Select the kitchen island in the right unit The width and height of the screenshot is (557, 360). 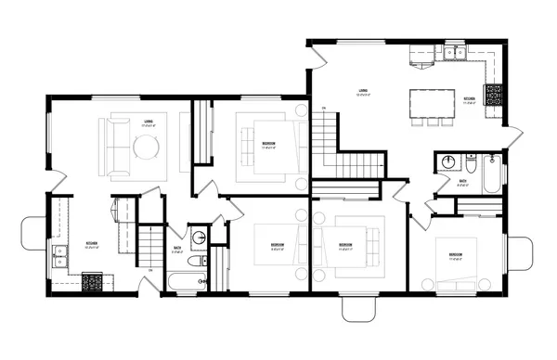point(433,101)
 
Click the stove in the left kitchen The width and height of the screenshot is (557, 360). point(93,278)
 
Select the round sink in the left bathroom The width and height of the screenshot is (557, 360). point(199,239)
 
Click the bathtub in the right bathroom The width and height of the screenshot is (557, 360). point(491,173)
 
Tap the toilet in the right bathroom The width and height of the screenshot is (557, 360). point(470,168)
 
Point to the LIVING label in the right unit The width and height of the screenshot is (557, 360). point(365,90)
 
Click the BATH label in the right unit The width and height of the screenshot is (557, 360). point(462,182)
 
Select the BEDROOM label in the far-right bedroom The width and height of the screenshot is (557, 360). point(456,254)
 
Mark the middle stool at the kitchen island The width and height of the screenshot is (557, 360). point(432,121)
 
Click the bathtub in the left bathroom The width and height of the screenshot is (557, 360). point(187,282)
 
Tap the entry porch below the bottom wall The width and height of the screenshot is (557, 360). point(360,310)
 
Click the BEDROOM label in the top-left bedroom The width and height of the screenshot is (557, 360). point(267,144)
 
